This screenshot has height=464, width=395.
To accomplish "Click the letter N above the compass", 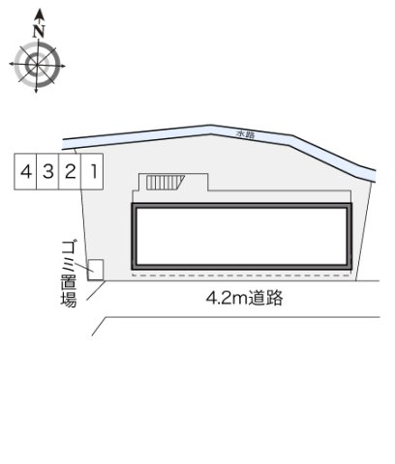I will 38,30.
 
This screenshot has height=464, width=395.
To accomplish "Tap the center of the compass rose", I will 38,67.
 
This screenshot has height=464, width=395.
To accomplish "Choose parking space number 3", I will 47,173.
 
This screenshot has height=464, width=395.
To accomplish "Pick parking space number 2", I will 70,173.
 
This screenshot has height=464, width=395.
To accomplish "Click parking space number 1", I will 93,173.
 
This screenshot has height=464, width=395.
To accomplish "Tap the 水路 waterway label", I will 248,132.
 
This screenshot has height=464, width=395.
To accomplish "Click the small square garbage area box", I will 96,269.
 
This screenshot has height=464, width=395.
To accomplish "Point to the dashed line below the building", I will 242,276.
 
